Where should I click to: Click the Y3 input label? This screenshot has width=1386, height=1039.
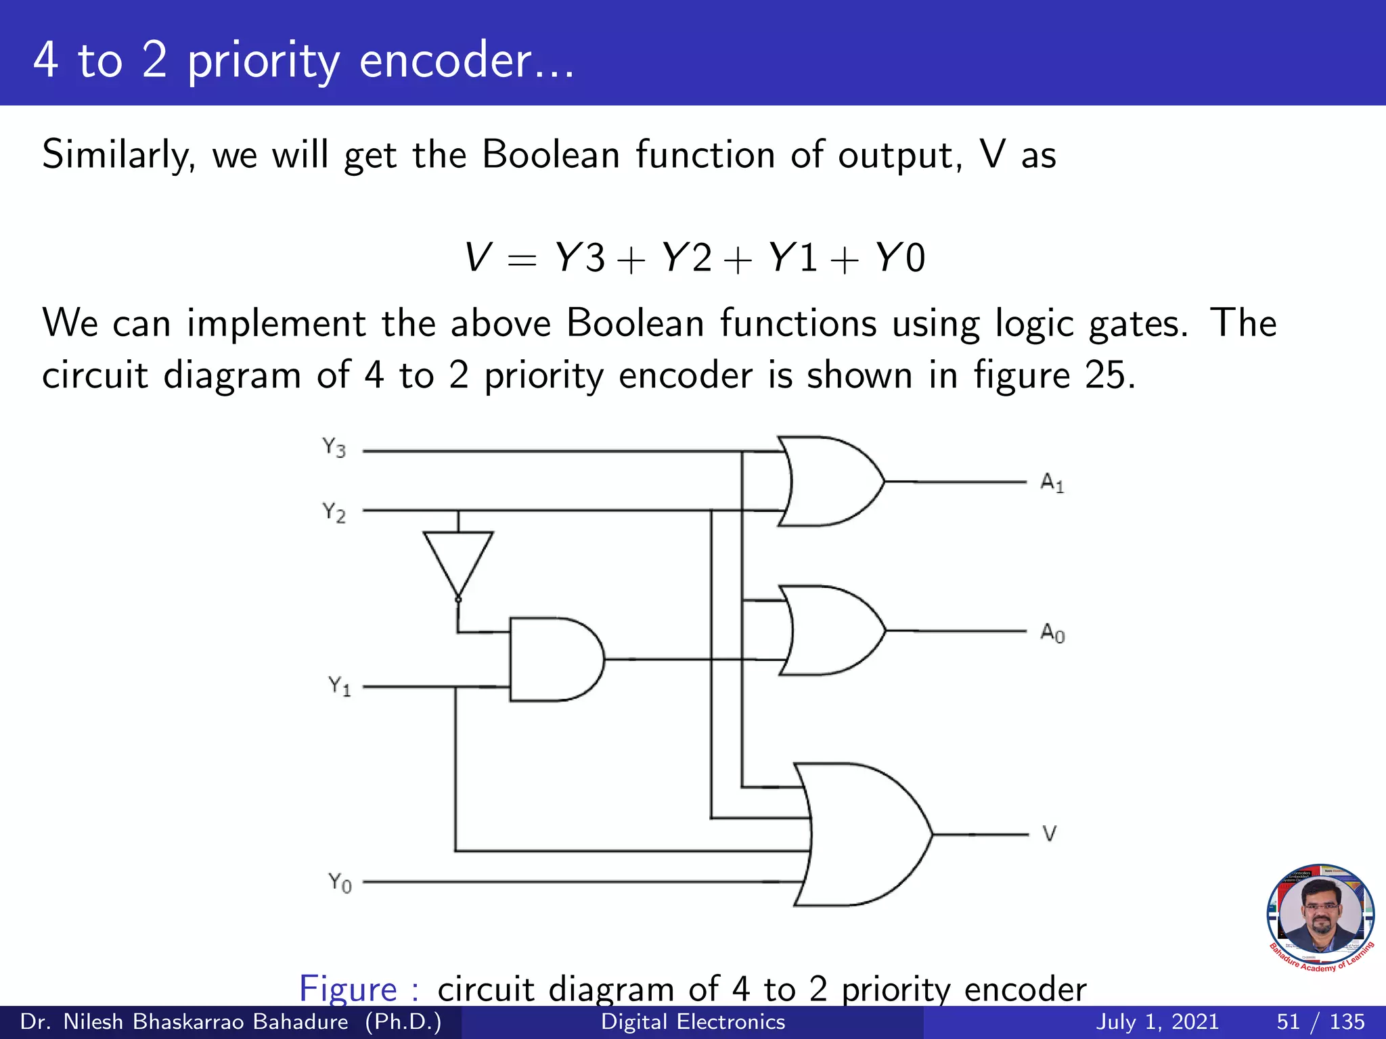[x=334, y=448]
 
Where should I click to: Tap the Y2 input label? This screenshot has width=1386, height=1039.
[x=334, y=513]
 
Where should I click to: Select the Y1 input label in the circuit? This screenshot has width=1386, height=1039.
[x=340, y=687]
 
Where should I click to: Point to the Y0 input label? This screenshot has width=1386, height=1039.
[x=340, y=883]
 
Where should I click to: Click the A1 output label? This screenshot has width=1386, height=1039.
[x=1052, y=483]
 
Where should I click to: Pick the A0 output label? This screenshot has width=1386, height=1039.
[x=1052, y=633]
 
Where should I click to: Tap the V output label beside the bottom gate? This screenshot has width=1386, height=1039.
[x=1050, y=833]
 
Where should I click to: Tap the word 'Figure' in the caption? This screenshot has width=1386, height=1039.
[x=349, y=989]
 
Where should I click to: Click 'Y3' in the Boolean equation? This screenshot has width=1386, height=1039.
[x=579, y=258]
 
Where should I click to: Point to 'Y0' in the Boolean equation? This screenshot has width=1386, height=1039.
[x=899, y=258]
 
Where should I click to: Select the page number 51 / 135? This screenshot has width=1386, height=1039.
[x=1320, y=1021]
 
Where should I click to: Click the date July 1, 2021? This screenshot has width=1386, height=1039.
[x=1157, y=1021]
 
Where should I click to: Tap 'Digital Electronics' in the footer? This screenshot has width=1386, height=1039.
[x=693, y=1021]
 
